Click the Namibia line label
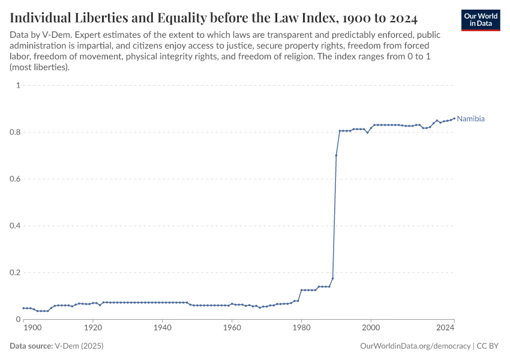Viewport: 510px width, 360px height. pos(470,119)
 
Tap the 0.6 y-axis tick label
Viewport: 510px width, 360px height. pos(14,179)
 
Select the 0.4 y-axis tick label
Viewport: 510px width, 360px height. pos(14,226)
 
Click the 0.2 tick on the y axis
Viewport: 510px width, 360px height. pos(14,272)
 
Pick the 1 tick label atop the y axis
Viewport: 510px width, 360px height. pos(18,85)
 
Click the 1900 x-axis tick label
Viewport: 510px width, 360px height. pos(32,328)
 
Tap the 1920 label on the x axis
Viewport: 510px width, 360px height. pos(92,328)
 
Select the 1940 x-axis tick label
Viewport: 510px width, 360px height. pos(162,328)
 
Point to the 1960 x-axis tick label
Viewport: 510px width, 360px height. pos(232,328)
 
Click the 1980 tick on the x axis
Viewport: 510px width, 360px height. pos(301,328)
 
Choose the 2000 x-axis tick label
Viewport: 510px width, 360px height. pos(371,328)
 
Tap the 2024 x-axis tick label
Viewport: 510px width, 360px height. pos(445,328)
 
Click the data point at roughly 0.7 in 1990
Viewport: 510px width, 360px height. pos(336,155)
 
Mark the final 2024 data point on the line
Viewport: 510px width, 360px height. pos(454,118)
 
